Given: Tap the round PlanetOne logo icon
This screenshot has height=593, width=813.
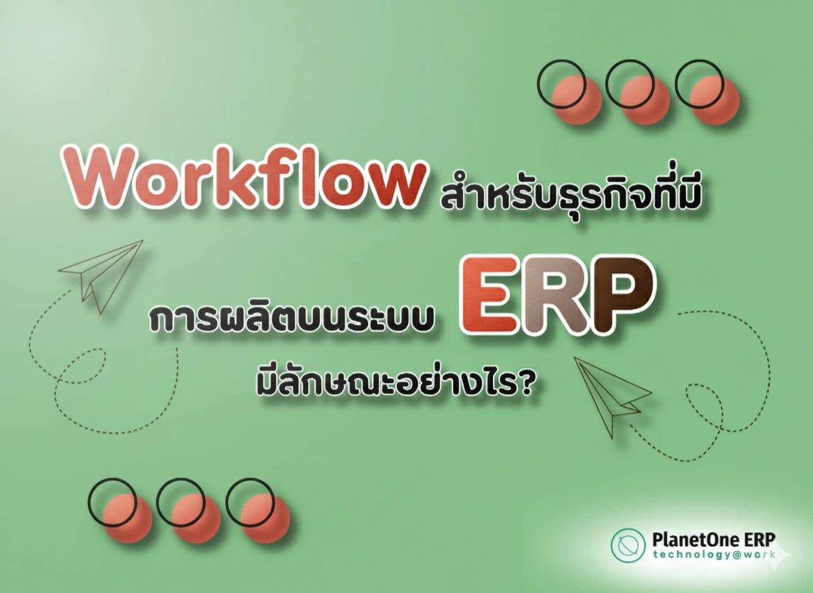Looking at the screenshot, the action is (628, 546).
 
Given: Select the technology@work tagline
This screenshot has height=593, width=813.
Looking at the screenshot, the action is (714, 555).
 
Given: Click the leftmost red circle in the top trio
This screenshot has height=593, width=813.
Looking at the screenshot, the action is (577, 100).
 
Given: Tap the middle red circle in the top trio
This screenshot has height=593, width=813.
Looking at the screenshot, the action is (645, 100).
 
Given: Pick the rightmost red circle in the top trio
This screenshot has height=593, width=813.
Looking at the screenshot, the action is (714, 100).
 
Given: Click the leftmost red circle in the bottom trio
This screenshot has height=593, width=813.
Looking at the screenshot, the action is (128, 519).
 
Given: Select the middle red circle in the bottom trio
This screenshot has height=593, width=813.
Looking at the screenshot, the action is (196, 519).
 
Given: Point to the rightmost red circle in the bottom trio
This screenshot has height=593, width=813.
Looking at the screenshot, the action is (265, 519).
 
